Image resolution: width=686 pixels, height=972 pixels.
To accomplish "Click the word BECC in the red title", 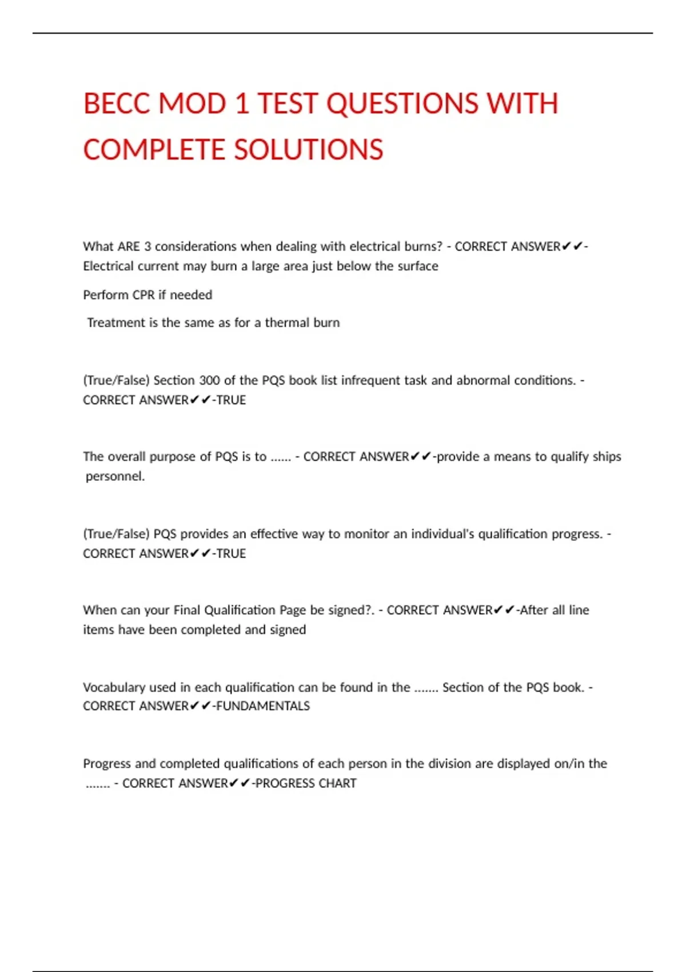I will (116, 104).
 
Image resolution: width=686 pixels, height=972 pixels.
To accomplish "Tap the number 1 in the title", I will (242, 104).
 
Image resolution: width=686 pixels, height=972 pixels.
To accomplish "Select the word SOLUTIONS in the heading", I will (308, 150).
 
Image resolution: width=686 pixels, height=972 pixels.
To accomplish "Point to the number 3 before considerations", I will (147, 246).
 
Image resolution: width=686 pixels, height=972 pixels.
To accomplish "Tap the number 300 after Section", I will (210, 380).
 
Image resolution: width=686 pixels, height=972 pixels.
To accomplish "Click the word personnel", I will (115, 476).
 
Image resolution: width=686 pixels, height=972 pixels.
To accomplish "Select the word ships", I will (607, 456).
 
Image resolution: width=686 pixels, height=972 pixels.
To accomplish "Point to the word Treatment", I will (116, 322).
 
